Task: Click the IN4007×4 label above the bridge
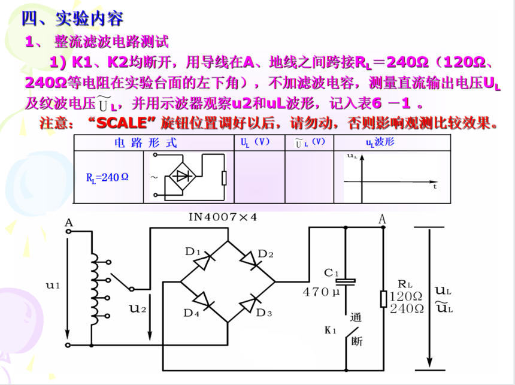click(222, 217)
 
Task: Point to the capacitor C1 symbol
click(346, 281)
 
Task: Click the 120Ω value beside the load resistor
click(406, 296)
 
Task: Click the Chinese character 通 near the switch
click(356, 318)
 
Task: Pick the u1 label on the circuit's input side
click(53, 285)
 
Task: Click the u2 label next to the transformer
click(137, 309)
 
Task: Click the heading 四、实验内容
click(72, 19)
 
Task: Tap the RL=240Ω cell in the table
click(107, 177)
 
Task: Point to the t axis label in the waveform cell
click(435, 186)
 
